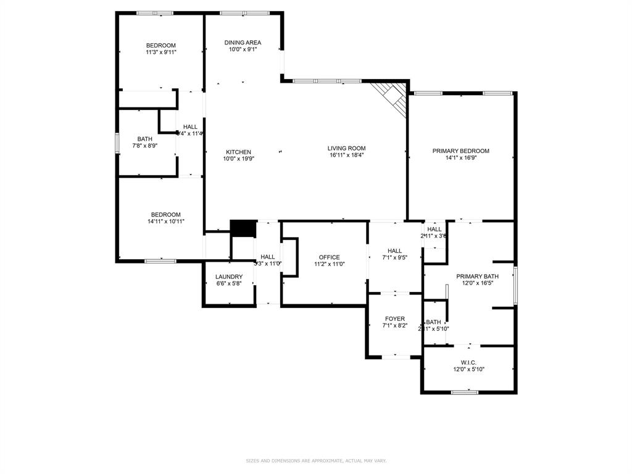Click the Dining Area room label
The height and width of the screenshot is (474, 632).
pyautogui.click(x=243, y=43)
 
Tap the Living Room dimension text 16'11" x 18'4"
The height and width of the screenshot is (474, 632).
pyautogui.click(x=346, y=156)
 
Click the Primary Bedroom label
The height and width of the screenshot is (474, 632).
pyautogui.click(x=460, y=151)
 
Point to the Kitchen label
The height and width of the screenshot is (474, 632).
pyautogui.click(x=238, y=152)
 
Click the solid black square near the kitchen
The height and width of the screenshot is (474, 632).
pyautogui.click(x=243, y=228)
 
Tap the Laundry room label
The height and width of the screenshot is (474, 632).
pyautogui.click(x=228, y=276)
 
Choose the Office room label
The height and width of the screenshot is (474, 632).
pyautogui.click(x=329, y=257)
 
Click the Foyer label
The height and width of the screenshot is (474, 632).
pyautogui.click(x=395, y=319)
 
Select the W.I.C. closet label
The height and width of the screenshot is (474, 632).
pyautogui.click(x=469, y=362)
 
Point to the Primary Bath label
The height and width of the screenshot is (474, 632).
pyautogui.click(x=477, y=276)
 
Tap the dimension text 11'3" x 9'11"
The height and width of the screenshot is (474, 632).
pyautogui.click(x=160, y=52)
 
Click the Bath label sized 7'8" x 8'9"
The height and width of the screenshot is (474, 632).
pyautogui.click(x=145, y=139)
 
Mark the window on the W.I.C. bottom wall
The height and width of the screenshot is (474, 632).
pyautogui.click(x=465, y=392)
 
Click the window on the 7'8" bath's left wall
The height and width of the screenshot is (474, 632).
pyautogui.click(x=117, y=143)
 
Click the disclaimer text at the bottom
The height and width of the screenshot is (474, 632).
pyautogui.click(x=316, y=460)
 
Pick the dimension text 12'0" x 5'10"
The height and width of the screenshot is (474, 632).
pyautogui.click(x=469, y=370)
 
